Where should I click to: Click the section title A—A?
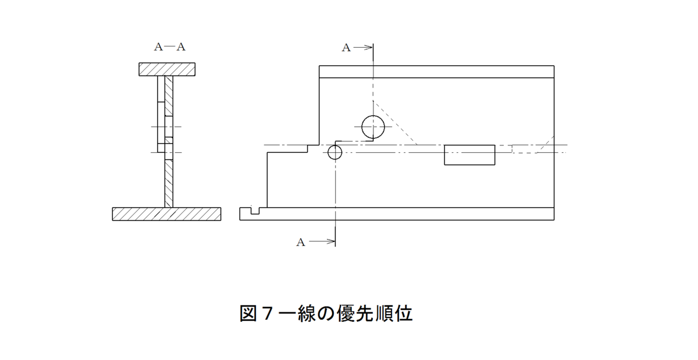[170, 47]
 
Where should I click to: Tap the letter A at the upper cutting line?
[346, 48]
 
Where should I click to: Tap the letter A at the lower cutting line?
[300, 243]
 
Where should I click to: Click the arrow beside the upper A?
[363, 48]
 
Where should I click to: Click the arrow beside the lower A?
[322, 241]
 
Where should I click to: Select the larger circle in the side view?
[362, 127]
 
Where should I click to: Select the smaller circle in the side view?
[328, 152]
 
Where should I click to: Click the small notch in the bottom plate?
[255, 214]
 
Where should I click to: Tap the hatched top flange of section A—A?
[167, 69]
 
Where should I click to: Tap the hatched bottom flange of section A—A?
[167, 214]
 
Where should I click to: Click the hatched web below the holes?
[169, 184]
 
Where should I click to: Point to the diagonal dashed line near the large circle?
[395, 123]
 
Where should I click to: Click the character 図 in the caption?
[248, 313]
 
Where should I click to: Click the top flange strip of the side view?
[437, 72]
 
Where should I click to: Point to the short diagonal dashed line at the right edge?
[545, 145]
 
